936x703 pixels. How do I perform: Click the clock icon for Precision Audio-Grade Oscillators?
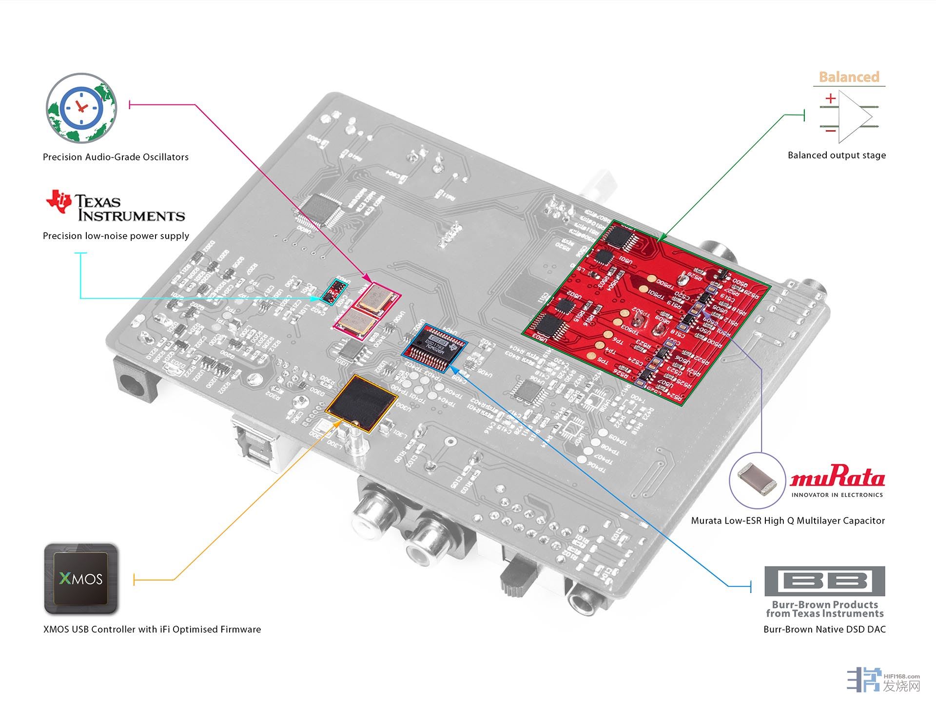click(x=81, y=108)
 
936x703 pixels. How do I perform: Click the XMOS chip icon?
click(x=81, y=579)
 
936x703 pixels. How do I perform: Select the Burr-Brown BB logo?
click(x=824, y=581)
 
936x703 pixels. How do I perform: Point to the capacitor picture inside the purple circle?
click(x=757, y=481)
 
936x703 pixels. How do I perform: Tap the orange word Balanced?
click(x=849, y=77)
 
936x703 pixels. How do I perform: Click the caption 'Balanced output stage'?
click(x=837, y=156)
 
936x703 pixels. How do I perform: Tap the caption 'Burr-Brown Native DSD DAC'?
click(x=824, y=629)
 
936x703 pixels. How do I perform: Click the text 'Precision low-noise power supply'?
click(x=116, y=236)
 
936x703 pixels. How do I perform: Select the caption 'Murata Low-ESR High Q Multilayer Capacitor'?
click(x=787, y=521)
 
